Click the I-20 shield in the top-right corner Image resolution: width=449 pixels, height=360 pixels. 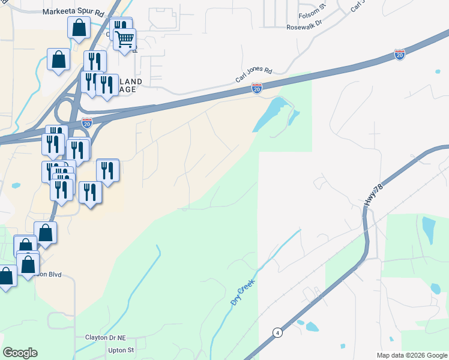[x=400, y=55]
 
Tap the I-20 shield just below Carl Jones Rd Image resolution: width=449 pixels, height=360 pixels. [x=256, y=89]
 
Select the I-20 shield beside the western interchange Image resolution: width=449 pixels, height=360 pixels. [x=87, y=122]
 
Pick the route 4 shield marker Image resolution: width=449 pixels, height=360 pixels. [x=277, y=332]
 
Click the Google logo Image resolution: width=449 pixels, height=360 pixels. [x=20, y=353]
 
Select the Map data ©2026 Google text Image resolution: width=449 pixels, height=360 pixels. [x=411, y=355]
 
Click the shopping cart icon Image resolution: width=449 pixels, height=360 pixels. [x=125, y=40]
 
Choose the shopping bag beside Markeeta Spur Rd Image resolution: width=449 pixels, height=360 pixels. [x=79, y=27]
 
